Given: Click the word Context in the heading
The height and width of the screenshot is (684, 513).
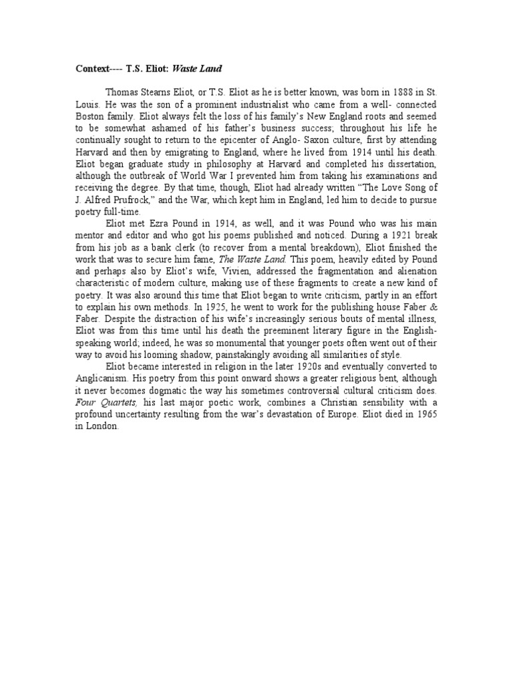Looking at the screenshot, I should point(92,68).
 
